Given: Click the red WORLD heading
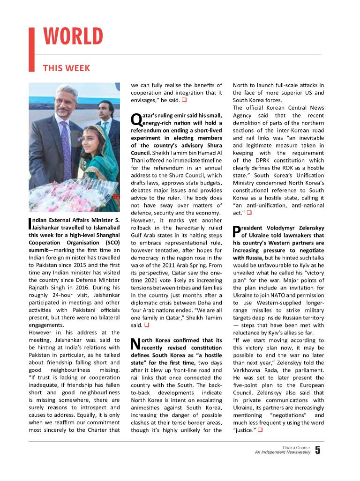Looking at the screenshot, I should coord(73,37).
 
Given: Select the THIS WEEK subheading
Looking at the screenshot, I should coord(66,68).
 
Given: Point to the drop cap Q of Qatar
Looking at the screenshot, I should coord(135,119).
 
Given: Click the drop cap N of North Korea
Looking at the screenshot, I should coord(135,344).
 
